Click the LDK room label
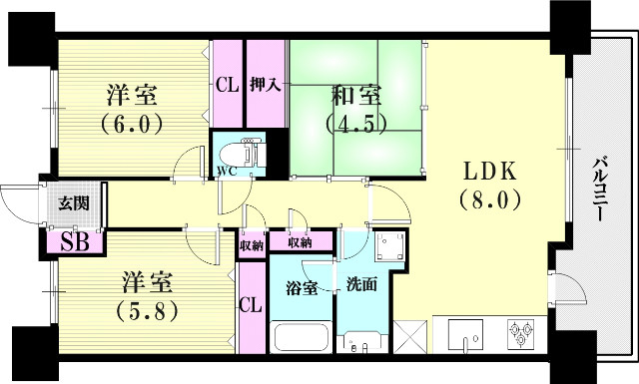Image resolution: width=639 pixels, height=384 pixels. click(490, 170)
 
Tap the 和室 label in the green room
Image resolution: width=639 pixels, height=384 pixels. click(356, 98)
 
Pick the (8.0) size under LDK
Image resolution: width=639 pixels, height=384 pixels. click(490, 198)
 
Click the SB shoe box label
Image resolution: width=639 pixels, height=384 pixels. click(73, 241)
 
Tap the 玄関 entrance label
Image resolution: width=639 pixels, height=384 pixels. click(73, 204)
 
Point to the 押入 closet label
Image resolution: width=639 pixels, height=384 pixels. click(266, 86)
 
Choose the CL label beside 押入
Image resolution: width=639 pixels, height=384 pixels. click(227, 86)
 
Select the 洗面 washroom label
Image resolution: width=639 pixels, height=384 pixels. click(360, 285)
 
